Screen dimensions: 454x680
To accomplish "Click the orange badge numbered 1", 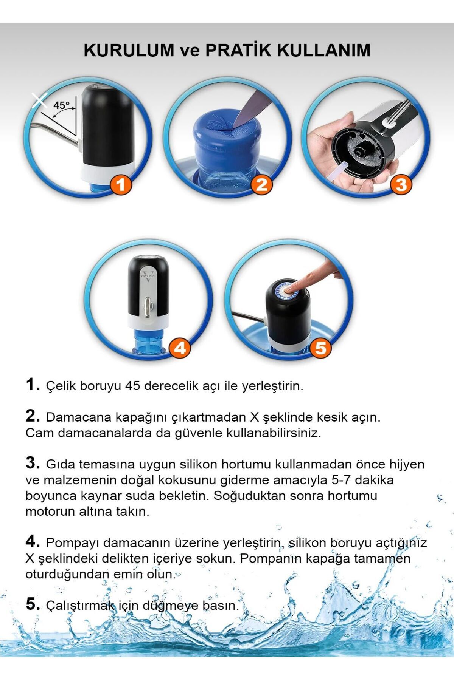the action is (120, 185).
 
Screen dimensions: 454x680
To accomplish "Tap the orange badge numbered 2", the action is (261, 185).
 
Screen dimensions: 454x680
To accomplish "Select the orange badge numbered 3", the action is (401, 185).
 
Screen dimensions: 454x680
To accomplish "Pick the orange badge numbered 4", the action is (180, 348).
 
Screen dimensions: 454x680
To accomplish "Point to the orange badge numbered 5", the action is (320, 348).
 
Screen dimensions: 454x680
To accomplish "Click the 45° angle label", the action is (61, 105).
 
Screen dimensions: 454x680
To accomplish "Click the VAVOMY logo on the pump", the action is (148, 275).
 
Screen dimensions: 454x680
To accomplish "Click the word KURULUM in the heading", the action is (129, 50).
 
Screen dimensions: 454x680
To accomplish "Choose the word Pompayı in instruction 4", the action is (73, 543).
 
